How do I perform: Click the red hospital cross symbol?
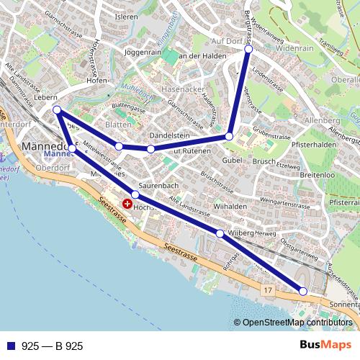pyautogui.click(x=127, y=204)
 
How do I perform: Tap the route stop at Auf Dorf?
pyautogui.click(x=248, y=50)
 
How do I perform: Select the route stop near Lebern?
pyautogui.click(x=57, y=109)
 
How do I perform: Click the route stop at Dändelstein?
pyautogui.click(x=150, y=149)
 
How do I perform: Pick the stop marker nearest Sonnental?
pyautogui.click(x=303, y=291)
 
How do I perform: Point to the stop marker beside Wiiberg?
pyautogui.click(x=220, y=233)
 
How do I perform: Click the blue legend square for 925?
pyautogui.click(x=9, y=346)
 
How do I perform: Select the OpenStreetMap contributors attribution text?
pyautogui.click(x=297, y=323)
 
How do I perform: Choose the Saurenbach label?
pyautogui.click(x=158, y=186)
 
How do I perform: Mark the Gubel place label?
pyautogui.click(x=232, y=159)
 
